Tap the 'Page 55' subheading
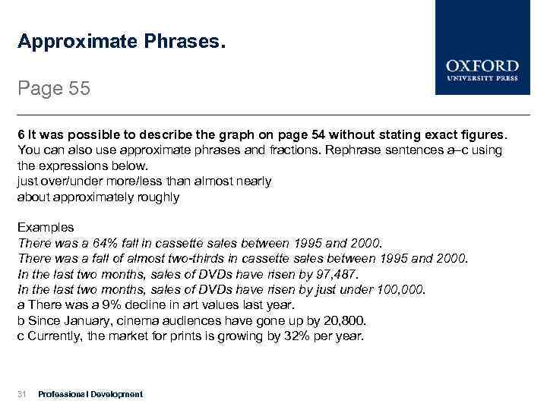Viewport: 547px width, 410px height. point(54,89)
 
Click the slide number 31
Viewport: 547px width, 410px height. point(22,394)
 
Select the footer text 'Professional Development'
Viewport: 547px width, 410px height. point(90,394)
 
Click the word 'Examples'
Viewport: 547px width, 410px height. point(46,227)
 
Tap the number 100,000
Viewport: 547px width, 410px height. point(402,289)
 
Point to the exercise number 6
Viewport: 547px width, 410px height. point(21,134)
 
